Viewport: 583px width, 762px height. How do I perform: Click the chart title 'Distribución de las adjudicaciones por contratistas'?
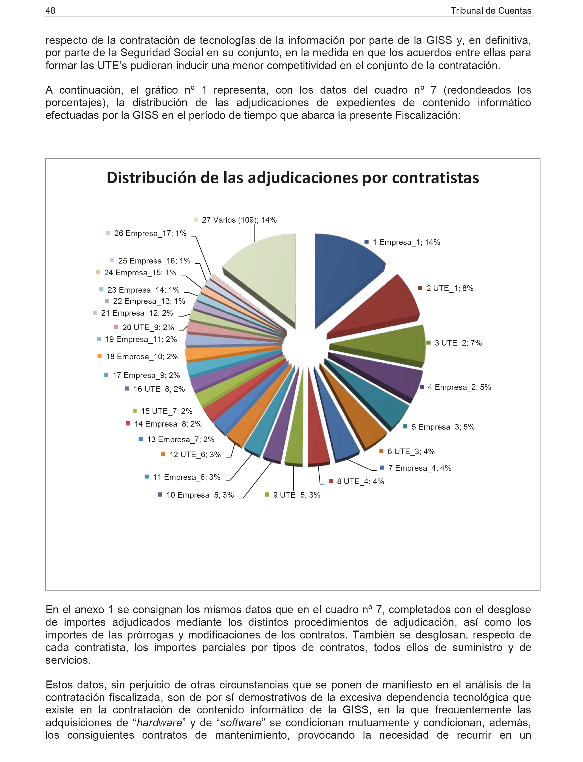[293, 178]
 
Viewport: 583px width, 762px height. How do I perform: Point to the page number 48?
[50, 11]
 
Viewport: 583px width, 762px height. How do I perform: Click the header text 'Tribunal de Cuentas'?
[491, 11]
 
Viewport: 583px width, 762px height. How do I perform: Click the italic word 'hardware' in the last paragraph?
[159, 723]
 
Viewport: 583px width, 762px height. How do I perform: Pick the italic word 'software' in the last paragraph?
[241, 723]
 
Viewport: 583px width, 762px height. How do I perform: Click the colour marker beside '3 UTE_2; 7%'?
[429, 343]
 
